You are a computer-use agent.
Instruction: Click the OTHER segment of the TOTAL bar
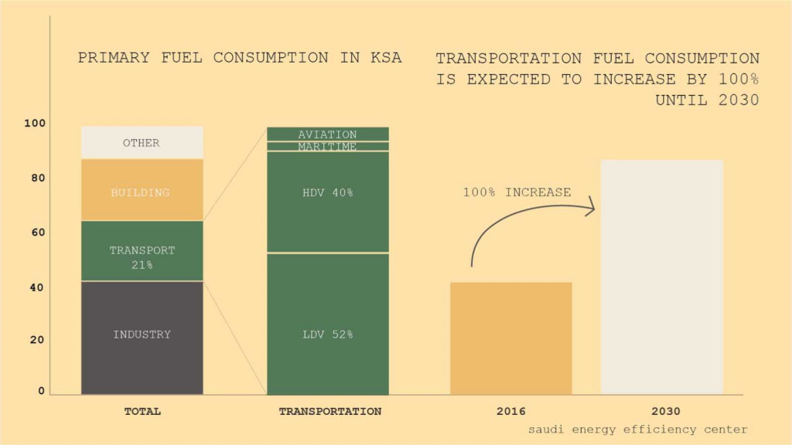(x=142, y=143)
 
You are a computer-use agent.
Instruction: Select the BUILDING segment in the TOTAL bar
(x=142, y=192)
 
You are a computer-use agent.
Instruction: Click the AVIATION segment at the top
(x=327, y=134)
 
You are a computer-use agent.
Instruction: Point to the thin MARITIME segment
(x=327, y=146)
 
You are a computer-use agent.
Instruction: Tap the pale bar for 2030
(x=661, y=278)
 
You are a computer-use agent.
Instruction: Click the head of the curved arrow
(x=591, y=207)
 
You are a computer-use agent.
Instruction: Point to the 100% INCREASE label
(x=517, y=192)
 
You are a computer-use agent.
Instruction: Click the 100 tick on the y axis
(x=36, y=124)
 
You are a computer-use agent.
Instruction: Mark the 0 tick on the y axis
(x=41, y=391)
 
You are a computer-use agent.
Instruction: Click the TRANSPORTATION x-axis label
(x=329, y=412)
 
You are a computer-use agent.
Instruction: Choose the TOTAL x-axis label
(x=142, y=412)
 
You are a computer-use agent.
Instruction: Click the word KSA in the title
(x=384, y=58)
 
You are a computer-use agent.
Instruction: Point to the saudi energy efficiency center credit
(x=638, y=430)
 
